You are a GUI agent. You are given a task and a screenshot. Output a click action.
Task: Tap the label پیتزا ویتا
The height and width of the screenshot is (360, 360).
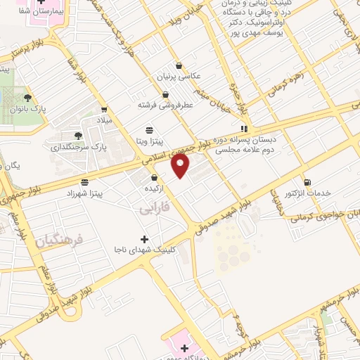tap(149, 141)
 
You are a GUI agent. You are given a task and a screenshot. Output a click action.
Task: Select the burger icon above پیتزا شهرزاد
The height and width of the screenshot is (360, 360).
tap(84, 182)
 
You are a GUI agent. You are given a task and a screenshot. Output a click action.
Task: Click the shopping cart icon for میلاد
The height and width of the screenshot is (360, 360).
tap(104, 109)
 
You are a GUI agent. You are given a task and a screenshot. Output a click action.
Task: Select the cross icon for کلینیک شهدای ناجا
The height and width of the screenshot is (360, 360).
tap(145, 239)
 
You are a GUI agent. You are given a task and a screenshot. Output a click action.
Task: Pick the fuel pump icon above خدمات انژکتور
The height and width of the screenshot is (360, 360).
tap(306, 182)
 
